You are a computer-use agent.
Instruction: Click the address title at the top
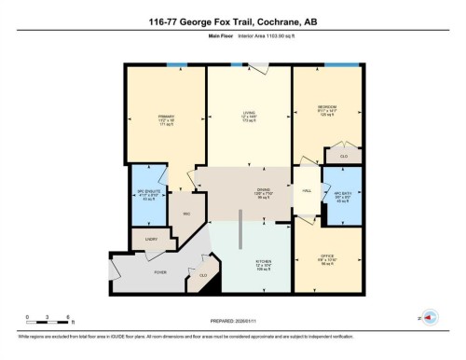(x=233, y=21)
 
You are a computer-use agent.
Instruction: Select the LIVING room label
(x=249, y=117)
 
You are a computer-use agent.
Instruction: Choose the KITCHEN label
(x=265, y=262)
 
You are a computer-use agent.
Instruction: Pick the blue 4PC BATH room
(x=342, y=197)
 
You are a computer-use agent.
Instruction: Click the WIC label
(x=186, y=214)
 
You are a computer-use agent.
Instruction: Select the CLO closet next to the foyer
(x=202, y=275)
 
